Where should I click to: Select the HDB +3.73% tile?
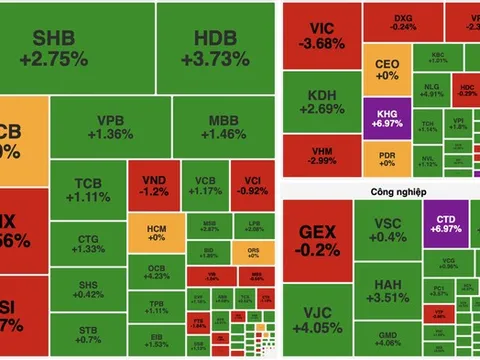(215, 48)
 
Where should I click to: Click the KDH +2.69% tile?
(320, 102)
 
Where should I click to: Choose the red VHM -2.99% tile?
(320, 155)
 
